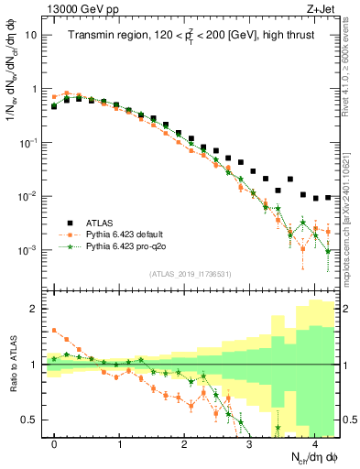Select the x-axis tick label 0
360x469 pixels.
pyautogui.click(x=55, y=444)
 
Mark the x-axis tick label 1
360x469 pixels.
pyautogui.click(x=120, y=444)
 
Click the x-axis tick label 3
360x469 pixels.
pyautogui.click(x=249, y=444)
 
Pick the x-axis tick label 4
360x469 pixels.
pyautogui.click(x=314, y=444)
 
